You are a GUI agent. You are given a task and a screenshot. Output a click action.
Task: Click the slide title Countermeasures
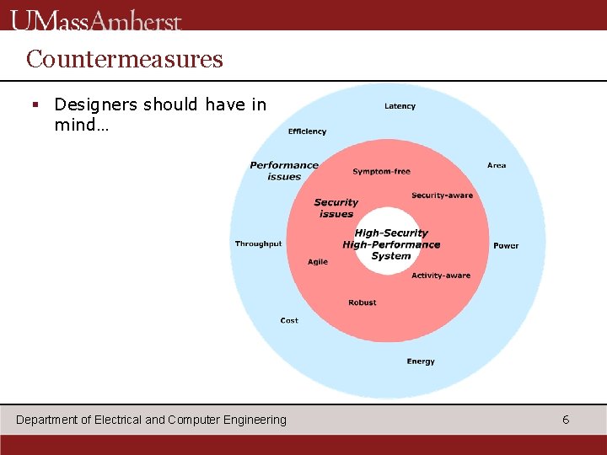(x=124, y=59)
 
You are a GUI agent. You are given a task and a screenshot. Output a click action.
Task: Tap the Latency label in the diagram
(x=400, y=106)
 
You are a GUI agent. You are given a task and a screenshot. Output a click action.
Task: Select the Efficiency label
(x=307, y=131)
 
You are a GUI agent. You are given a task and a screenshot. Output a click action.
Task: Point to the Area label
(x=497, y=165)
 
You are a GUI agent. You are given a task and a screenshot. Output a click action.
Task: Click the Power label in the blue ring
(x=506, y=246)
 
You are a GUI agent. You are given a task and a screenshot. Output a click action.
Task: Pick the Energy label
(x=421, y=361)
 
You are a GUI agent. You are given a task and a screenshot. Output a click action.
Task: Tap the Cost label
(x=289, y=320)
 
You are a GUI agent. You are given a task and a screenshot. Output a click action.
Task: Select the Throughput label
(x=258, y=244)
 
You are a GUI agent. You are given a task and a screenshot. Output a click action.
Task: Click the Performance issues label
(x=284, y=171)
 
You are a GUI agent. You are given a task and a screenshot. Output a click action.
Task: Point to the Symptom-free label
(x=381, y=172)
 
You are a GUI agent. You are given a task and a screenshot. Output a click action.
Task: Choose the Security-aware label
(x=442, y=195)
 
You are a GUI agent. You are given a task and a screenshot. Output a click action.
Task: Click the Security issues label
(x=336, y=208)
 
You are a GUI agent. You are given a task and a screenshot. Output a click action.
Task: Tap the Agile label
(x=318, y=262)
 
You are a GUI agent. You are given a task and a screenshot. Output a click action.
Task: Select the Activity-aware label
(x=441, y=276)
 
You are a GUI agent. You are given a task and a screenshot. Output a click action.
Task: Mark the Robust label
(x=363, y=302)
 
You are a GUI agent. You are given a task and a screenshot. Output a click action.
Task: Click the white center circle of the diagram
(x=390, y=244)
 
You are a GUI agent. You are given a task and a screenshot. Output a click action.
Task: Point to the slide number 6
(x=566, y=420)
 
